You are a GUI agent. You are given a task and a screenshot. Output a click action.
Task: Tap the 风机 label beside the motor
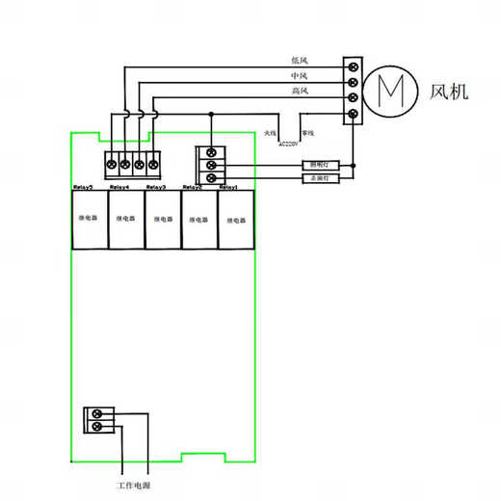pos(449,92)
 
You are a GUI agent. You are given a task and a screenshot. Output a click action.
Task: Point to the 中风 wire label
pos(299,76)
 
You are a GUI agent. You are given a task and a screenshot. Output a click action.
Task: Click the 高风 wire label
pos(299,92)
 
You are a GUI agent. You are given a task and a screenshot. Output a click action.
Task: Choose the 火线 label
pos(270,132)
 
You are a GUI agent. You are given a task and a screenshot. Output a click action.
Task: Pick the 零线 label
pos(307,132)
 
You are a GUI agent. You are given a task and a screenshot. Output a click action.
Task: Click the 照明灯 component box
pos(318,165)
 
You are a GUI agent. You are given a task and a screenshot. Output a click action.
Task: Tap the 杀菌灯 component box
pos(318,178)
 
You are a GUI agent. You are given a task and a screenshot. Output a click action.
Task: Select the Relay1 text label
pos(229,187)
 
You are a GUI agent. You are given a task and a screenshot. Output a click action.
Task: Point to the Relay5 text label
pos(83,187)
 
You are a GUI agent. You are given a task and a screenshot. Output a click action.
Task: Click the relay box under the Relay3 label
pos(162,220)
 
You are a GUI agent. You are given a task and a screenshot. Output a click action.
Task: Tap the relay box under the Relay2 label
pos(198,220)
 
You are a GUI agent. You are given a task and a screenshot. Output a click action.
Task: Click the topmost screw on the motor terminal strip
pos(353,66)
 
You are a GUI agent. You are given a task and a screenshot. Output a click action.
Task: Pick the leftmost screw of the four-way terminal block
pos(111,165)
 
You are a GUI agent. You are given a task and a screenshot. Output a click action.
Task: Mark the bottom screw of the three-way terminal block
pos(211,178)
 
